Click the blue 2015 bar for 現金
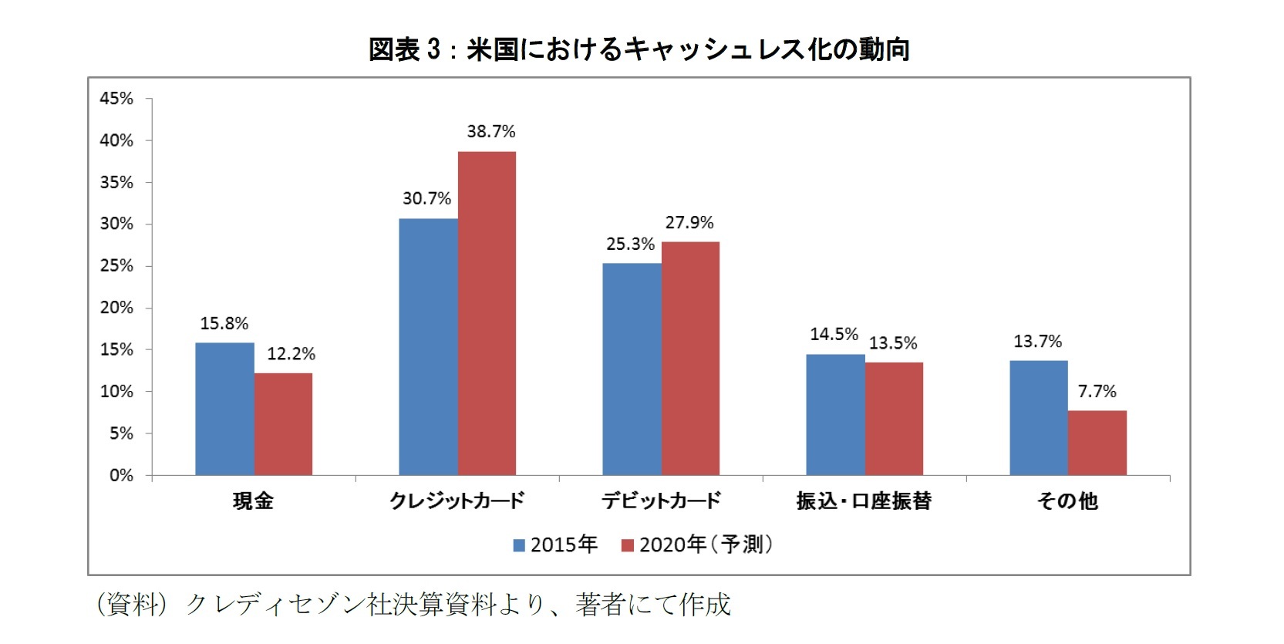tap(224, 409)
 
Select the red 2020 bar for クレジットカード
tap(487, 313)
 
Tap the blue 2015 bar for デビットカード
tap(632, 369)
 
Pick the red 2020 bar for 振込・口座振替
tap(894, 419)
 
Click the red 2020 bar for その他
tap(1097, 443)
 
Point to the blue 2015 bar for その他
tap(1039, 417)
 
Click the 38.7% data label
tap(491, 132)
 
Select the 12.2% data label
tap(292, 354)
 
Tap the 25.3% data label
tap(630, 244)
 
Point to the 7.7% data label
tap(1097, 392)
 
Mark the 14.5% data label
tap(834, 335)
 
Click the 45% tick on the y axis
tap(116, 99)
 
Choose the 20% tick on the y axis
tap(116, 308)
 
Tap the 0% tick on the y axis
tap(121, 476)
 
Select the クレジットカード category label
tap(457, 501)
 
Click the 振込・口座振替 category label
tap(864, 501)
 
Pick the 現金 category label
tap(253, 501)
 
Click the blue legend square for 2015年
tap(520, 545)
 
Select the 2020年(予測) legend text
tap(706, 545)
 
